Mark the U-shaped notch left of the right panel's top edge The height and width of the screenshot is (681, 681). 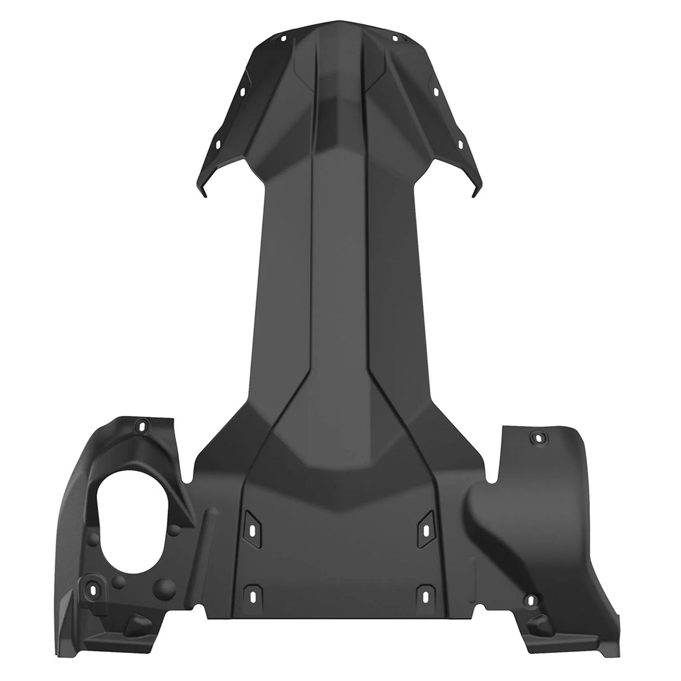click(493, 474)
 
